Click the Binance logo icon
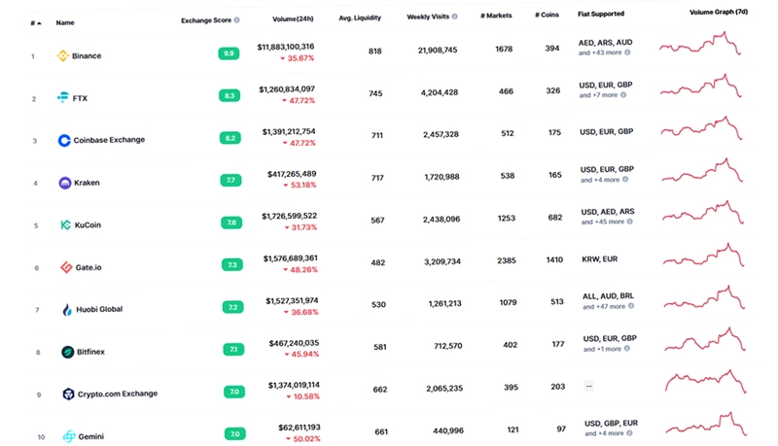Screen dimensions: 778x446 click(x=62, y=55)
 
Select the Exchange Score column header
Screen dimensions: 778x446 click(x=206, y=20)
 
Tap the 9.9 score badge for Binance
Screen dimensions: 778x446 click(x=229, y=53)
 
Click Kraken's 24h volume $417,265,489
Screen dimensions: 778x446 click(x=292, y=173)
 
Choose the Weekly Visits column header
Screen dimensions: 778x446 click(x=428, y=17)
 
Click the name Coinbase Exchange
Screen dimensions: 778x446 click(x=109, y=140)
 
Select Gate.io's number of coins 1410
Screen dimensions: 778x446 click(x=554, y=259)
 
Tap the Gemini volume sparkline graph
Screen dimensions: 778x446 click(x=706, y=425)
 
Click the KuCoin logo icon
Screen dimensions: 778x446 click(x=65, y=225)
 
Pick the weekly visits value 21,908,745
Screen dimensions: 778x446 click(x=438, y=51)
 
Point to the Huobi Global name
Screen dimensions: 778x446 click(x=99, y=309)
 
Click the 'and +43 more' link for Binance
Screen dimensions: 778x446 click(x=600, y=52)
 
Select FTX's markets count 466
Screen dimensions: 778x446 click(x=506, y=91)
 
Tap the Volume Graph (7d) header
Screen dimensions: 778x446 click(x=719, y=12)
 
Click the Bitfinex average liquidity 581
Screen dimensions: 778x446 click(x=380, y=347)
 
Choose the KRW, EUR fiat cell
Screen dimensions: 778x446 click(x=600, y=259)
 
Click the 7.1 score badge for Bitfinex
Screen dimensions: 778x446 click(x=233, y=350)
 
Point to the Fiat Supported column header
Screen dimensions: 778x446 click(x=601, y=14)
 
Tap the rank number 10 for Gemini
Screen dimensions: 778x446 click(x=41, y=437)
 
